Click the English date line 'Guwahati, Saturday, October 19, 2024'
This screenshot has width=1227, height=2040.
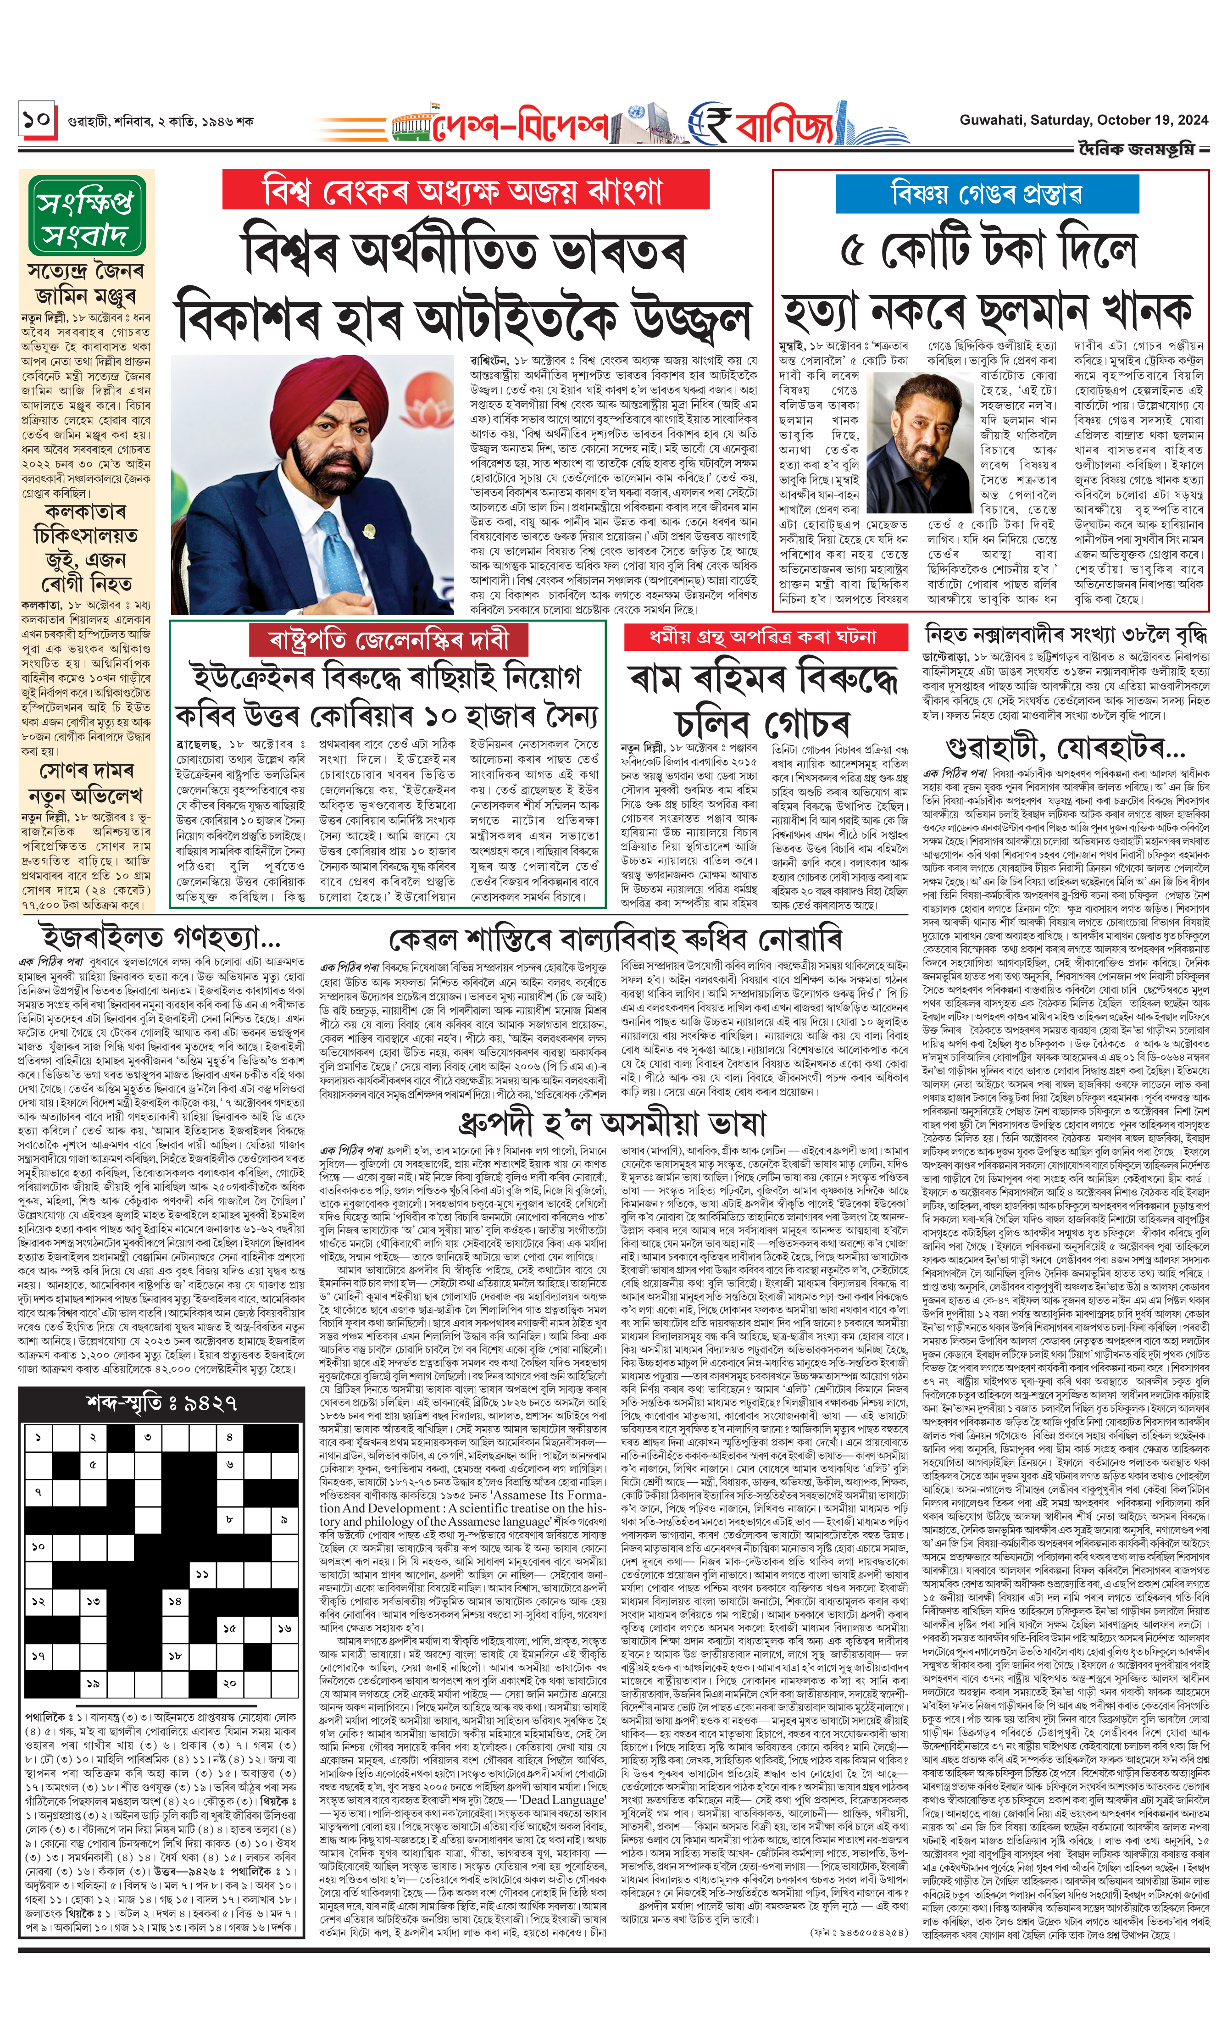pyautogui.click(x=1083, y=120)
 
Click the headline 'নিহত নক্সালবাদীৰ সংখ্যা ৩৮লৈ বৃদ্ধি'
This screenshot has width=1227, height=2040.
pyautogui.click(x=1065, y=635)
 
